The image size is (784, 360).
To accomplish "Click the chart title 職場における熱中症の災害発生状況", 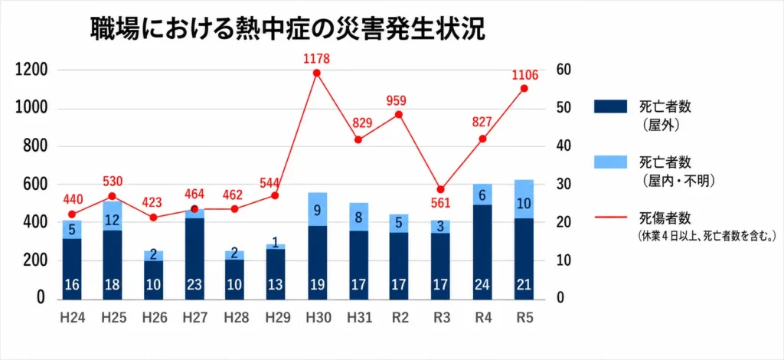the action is click(288, 30).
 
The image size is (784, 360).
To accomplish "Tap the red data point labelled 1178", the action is click(316, 73).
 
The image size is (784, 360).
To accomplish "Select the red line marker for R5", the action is click(524, 89).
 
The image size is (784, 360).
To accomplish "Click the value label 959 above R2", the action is click(399, 100).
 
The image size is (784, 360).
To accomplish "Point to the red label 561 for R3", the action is click(440, 203).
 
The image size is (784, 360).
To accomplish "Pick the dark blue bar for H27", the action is click(195, 259).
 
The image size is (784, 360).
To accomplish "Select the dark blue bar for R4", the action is click(482, 252).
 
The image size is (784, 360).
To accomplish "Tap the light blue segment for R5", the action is click(524, 199).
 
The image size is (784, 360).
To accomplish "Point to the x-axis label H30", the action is click(317, 318).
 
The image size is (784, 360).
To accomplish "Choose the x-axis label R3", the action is click(440, 318).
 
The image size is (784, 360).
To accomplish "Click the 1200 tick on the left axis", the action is click(31, 70).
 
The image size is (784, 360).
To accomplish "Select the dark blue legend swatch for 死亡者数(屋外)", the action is click(610, 106).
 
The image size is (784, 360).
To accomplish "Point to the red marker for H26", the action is click(153, 218).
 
